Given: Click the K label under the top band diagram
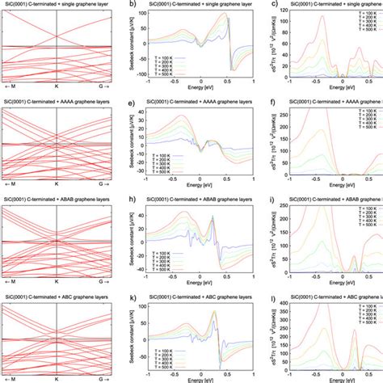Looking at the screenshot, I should (x=57, y=89).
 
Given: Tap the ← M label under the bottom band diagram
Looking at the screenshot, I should (x=12, y=378).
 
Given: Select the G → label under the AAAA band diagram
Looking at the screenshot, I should (x=103, y=186).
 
